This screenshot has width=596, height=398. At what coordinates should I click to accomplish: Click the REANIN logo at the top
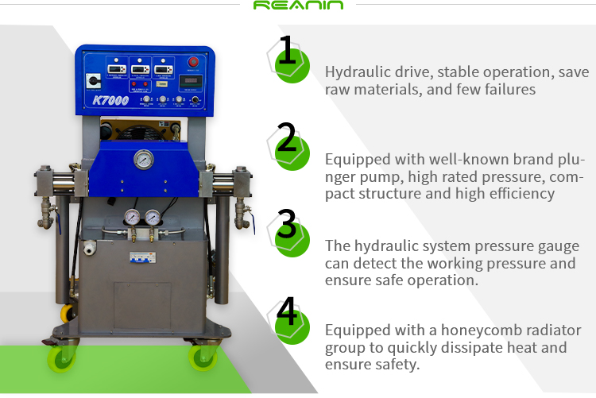pos(298,6)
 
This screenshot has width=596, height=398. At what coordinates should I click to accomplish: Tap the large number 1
pos(287,52)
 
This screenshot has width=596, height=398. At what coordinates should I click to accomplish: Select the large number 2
pos(287,137)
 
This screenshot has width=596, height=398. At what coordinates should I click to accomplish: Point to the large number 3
pos(287,224)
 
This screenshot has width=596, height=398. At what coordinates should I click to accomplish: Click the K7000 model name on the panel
pos(110,100)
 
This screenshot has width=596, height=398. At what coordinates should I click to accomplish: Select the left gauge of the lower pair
pos(132,217)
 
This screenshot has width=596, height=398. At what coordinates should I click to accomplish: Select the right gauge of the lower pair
pos(152,217)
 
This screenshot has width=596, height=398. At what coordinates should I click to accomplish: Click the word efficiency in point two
pos(517,193)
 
